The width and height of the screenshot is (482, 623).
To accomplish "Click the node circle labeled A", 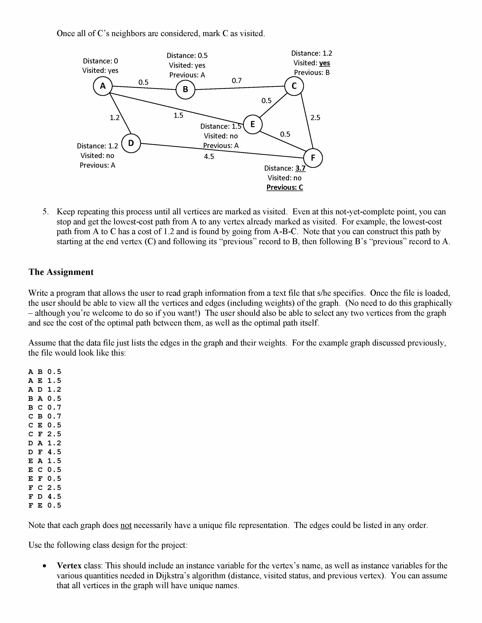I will point(102,86).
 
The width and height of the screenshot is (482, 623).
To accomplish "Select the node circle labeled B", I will point(185,89).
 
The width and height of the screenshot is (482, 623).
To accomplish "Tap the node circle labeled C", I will point(294,86).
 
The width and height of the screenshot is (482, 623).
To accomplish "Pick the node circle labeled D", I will point(131,143).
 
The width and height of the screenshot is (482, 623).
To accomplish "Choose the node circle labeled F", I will point(313,158).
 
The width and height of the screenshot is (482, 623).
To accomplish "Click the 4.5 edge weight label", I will point(209,156).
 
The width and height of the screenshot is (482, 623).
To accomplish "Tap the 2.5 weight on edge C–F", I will point(315,118).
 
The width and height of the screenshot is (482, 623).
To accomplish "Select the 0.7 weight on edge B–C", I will point(236,81).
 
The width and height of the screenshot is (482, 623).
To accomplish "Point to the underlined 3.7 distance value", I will point(300,168).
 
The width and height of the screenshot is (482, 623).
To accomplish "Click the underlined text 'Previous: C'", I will point(285,187).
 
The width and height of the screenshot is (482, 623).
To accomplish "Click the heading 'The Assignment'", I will point(61,272).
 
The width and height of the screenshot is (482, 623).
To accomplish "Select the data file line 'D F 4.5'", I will point(45,452).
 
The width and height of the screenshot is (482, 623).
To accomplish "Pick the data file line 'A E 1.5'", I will point(45,381).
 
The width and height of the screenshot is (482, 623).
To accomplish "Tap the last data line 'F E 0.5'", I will point(45,505).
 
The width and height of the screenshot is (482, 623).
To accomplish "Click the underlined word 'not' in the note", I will point(126,525).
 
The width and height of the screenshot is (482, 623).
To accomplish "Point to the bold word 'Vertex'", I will point(69,565).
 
